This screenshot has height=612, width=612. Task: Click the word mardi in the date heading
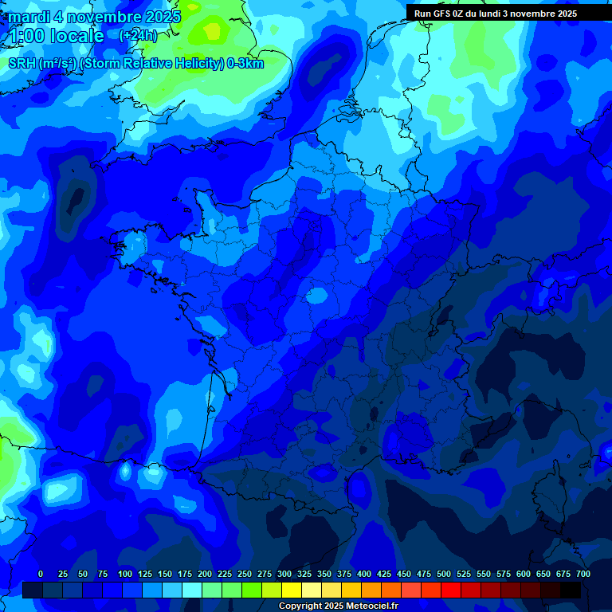[29, 17]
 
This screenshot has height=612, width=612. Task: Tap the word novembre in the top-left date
[104, 17]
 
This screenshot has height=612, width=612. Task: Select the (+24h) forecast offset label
[139, 36]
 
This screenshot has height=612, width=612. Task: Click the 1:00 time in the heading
[25, 36]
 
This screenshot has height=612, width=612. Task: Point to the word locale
[77, 36]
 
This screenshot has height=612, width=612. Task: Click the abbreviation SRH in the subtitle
[22, 64]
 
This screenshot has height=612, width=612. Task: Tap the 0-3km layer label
[245, 64]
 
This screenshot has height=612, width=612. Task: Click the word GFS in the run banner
[441, 14]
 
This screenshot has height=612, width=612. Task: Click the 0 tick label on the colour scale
[41, 574]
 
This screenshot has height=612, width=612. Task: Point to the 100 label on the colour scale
[125, 574]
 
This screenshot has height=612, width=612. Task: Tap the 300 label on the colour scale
[284, 574]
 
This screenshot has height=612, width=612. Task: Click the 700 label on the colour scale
[583, 574]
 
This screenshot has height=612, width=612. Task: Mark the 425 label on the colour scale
[384, 574]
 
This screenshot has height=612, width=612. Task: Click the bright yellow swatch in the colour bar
[292, 590]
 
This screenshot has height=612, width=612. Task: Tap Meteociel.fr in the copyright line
[372, 606]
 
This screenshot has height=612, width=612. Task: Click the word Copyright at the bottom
[300, 606]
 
